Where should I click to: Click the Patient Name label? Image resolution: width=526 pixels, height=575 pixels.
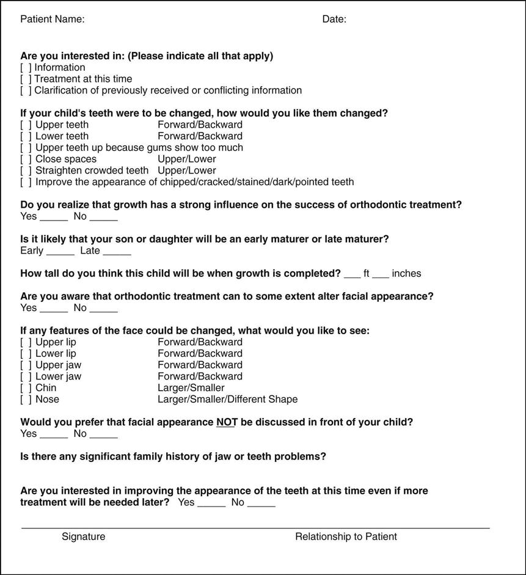[53, 19]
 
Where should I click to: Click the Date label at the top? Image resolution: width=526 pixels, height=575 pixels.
[334, 19]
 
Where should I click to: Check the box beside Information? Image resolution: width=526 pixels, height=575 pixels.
[26, 68]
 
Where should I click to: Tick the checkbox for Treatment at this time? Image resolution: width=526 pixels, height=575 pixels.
[26, 79]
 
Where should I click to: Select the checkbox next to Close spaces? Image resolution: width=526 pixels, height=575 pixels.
[26, 159]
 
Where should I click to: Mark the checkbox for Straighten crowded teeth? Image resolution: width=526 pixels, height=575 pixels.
[26, 170]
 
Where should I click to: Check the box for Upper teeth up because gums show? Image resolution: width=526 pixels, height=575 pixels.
[26, 148]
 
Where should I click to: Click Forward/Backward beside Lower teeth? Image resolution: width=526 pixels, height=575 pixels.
[200, 136]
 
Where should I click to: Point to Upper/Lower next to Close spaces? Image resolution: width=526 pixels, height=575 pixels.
[187, 159]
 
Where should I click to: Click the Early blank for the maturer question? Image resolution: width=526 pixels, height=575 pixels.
[60, 251]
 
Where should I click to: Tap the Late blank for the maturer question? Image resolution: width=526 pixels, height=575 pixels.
[117, 251]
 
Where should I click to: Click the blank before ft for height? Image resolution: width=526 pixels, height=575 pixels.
[352, 274]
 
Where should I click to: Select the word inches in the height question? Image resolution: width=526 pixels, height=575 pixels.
[406, 274]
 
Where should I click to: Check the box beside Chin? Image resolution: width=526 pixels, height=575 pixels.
[26, 388]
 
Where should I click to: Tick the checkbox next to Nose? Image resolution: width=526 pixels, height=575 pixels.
[26, 400]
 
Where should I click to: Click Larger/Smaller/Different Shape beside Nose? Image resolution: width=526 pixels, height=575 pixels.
[227, 400]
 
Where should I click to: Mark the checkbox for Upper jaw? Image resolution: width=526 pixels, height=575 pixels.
[26, 365]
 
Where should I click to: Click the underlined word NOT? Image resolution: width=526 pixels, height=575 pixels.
[226, 422]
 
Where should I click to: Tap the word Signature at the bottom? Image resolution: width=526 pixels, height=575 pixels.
[83, 537]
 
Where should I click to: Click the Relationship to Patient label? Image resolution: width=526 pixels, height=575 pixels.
[346, 537]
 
